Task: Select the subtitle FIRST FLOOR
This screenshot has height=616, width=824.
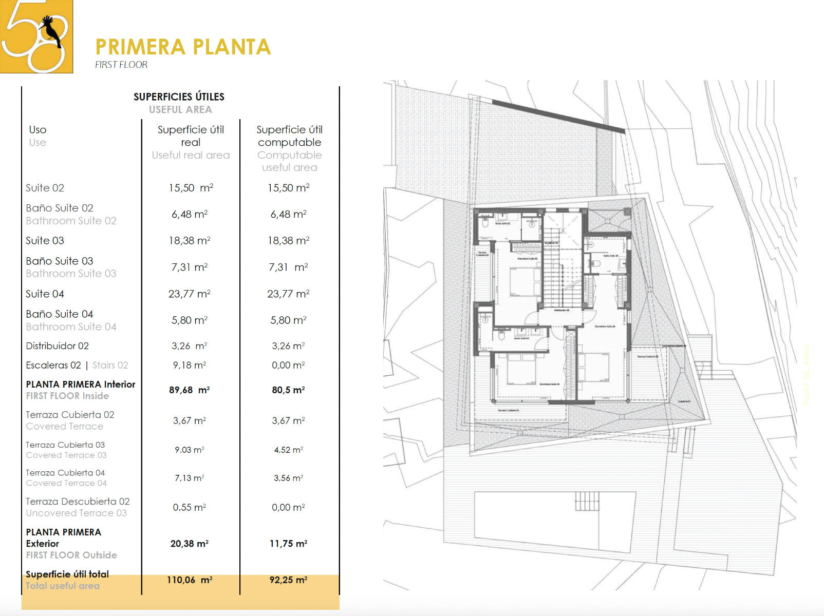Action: (121, 65)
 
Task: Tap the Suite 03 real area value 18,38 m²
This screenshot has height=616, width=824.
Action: (190, 241)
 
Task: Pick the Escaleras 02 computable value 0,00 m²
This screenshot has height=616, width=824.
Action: (288, 365)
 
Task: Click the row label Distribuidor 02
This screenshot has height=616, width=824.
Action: (58, 346)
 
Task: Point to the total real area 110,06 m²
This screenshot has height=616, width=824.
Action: (190, 580)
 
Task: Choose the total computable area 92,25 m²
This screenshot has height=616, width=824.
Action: (288, 580)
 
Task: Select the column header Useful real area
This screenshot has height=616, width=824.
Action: (191, 155)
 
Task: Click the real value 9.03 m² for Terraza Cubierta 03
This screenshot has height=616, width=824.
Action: (190, 450)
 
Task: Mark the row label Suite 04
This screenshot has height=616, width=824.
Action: (45, 294)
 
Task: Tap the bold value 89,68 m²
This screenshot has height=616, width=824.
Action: (190, 390)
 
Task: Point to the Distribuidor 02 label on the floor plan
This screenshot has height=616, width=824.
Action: (561, 311)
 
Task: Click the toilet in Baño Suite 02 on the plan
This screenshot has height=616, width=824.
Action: (485, 223)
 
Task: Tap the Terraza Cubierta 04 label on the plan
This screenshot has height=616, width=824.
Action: (647, 356)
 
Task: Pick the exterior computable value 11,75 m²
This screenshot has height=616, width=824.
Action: (288, 544)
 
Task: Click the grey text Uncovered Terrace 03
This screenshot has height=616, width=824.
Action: (77, 513)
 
